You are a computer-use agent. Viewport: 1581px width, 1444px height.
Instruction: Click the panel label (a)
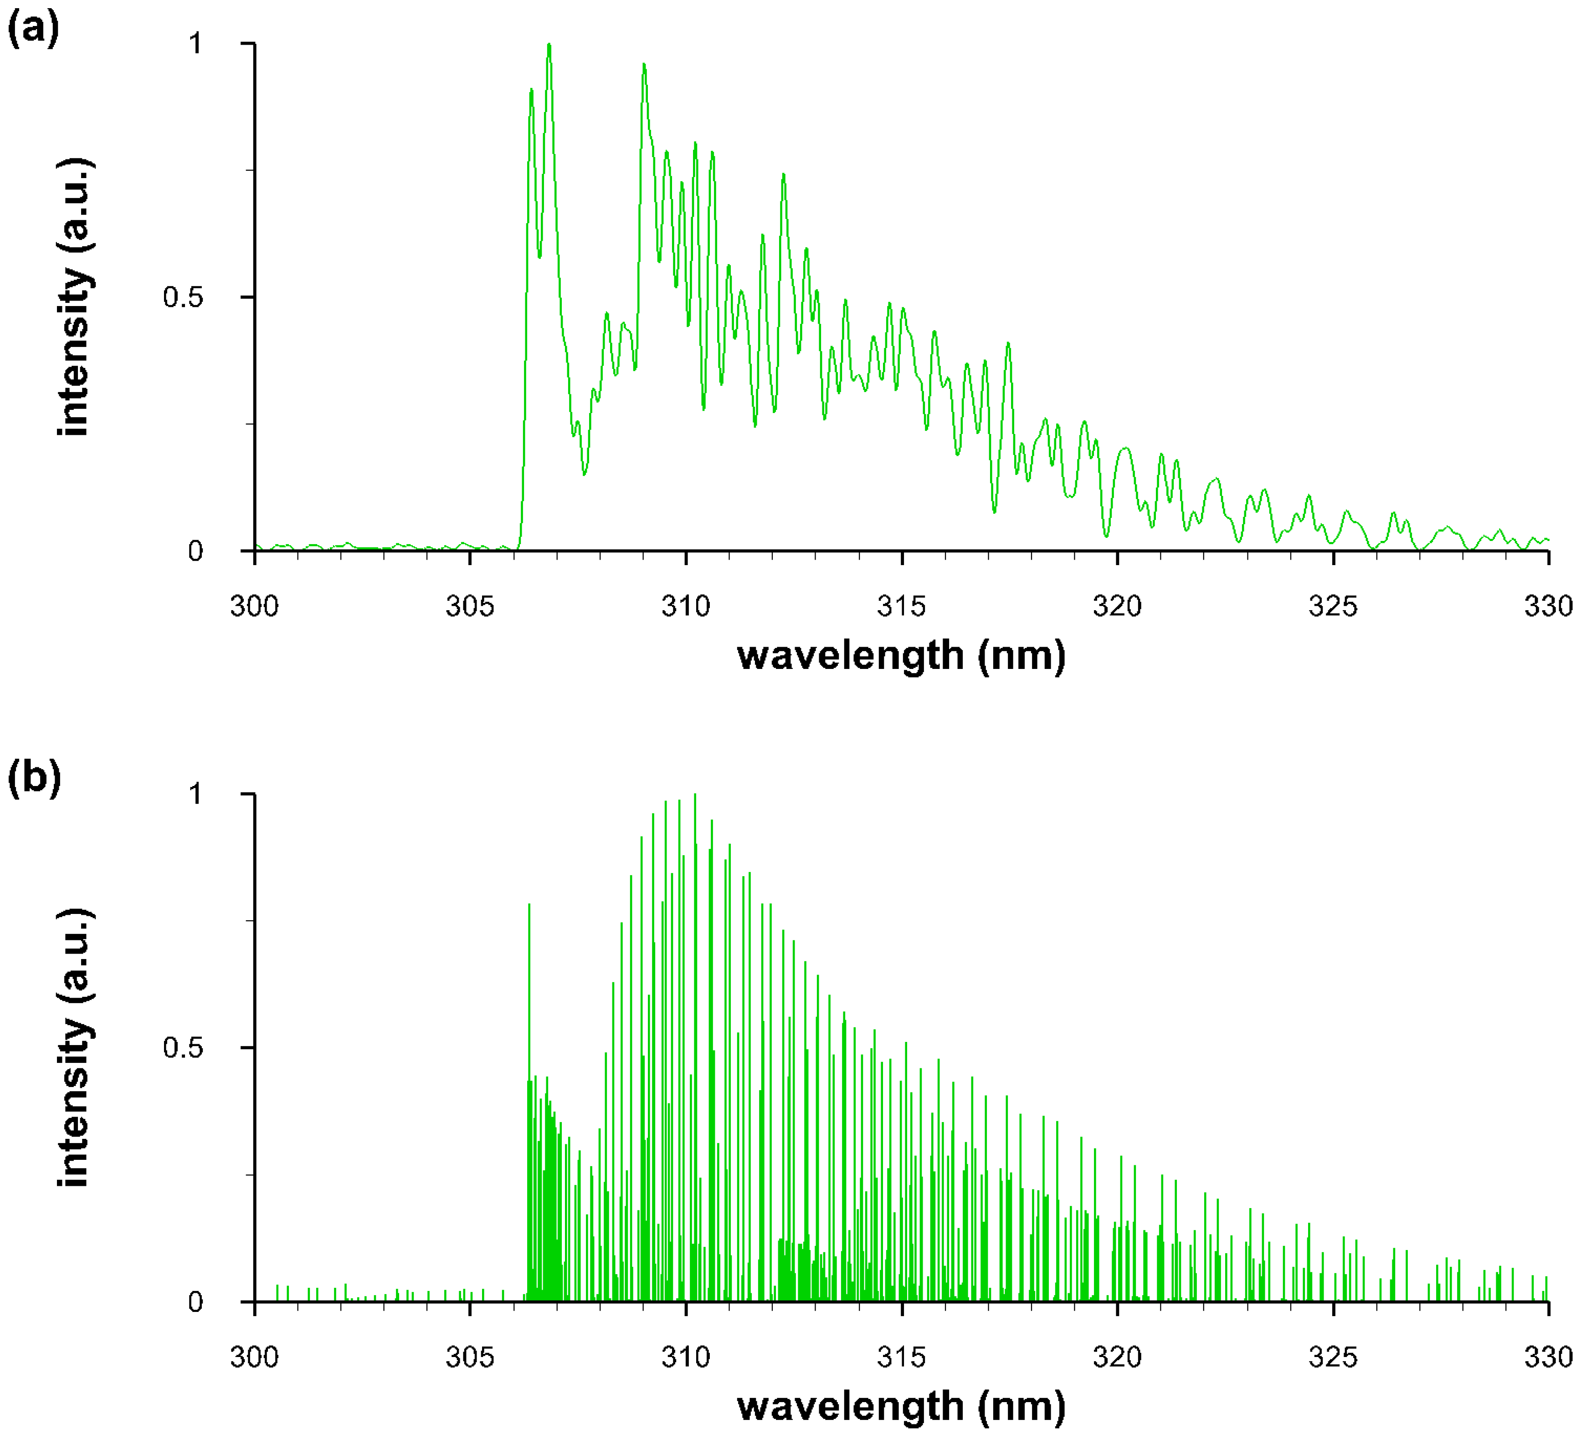pyautogui.click(x=33, y=30)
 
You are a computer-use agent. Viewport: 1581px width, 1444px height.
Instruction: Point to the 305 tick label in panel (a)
pyautogui.click(x=470, y=606)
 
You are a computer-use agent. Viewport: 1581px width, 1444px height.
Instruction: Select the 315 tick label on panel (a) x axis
pyautogui.click(x=901, y=606)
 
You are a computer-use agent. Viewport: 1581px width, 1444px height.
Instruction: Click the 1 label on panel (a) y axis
pyautogui.click(x=195, y=43)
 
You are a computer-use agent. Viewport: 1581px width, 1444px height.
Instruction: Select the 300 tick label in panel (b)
pyautogui.click(x=254, y=1356)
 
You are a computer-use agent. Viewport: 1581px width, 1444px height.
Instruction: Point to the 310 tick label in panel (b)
pyautogui.click(x=685, y=1356)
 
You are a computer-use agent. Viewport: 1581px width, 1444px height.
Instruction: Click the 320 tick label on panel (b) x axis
pyautogui.click(x=1117, y=1356)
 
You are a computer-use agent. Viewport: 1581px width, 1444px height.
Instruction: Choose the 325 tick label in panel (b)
pyautogui.click(x=1332, y=1356)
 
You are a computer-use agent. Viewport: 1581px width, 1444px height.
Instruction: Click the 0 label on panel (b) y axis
pyautogui.click(x=195, y=1301)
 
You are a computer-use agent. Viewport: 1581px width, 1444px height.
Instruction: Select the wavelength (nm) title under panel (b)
pyautogui.click(x=901, y=1406)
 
